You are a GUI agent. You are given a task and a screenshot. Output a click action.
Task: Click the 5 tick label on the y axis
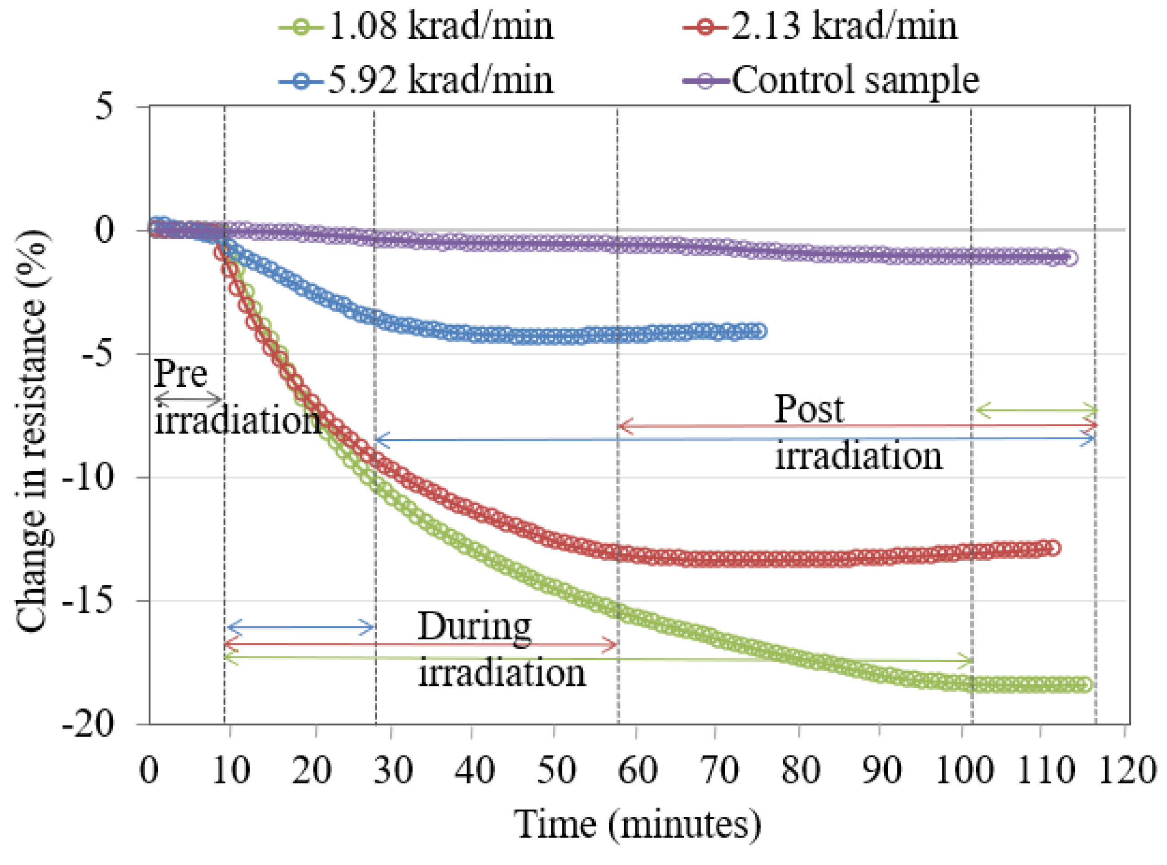click(x=104, y=107)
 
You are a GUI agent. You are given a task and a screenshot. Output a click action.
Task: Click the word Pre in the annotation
click(x=181, y=373)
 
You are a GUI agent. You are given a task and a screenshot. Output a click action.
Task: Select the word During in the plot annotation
click(x=474, y=627)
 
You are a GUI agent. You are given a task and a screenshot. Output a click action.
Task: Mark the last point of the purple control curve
click(x=1070, y=258)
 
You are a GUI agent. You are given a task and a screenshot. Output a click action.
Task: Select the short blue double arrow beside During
click(x=300, y=627)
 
